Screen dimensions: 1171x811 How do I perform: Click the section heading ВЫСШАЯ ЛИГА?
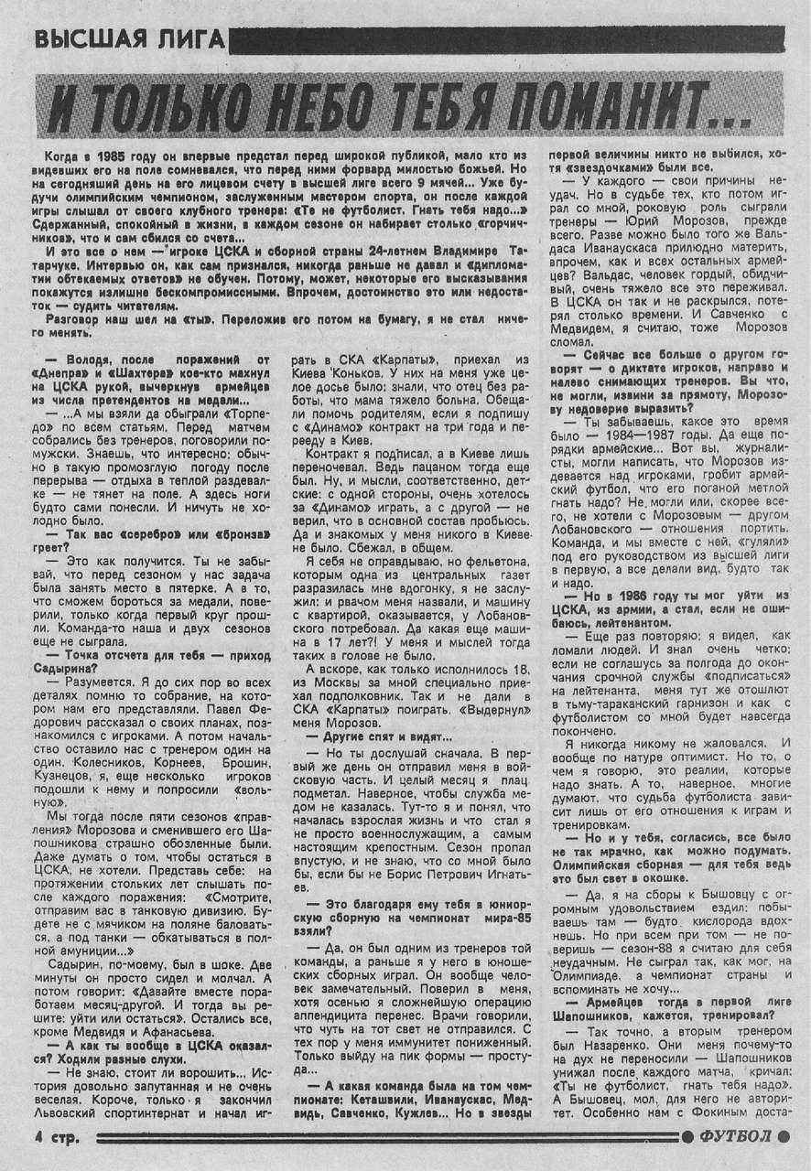click(128, 39)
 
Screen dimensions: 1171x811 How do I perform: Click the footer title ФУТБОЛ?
click(741, 1137)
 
